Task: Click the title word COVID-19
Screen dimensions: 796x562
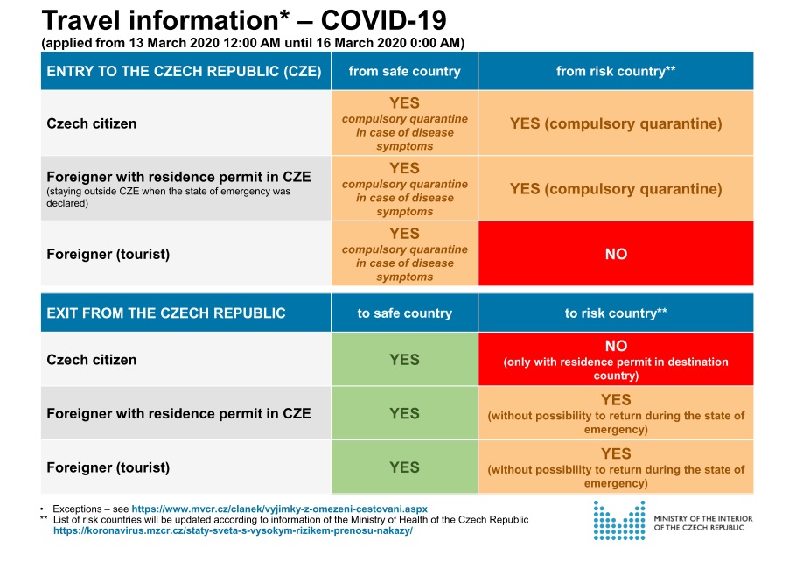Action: pos(383,20)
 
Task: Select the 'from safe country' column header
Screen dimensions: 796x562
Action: pos(405,71)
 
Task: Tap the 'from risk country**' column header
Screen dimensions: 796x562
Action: pos(616,71)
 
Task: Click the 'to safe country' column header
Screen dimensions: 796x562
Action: pos(405,313)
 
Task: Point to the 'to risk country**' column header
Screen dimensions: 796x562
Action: pos(616,313)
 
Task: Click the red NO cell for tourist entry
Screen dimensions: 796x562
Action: pos(616,254)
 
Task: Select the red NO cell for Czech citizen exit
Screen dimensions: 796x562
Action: pos(616,359)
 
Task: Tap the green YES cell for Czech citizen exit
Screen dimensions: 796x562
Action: pos(405,359)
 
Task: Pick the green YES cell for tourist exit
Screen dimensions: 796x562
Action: pos(405,467)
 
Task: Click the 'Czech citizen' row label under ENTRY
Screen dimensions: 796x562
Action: pos(91,123)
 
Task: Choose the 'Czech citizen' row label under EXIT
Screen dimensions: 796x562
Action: pos(91,360)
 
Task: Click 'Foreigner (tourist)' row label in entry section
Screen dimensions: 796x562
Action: pos(108,254)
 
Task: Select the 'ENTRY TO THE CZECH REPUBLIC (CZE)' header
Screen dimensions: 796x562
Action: pos(184,71)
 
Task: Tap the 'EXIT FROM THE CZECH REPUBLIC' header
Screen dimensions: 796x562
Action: pos(166,313)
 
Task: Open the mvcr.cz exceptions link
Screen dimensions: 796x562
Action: pos(279,509)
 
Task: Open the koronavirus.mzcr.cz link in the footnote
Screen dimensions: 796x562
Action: pos(233,530)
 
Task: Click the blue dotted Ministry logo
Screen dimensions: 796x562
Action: pos(619,520)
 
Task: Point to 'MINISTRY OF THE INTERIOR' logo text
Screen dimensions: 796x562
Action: pos(703,519)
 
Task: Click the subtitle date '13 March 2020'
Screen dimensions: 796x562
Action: pos(173,43)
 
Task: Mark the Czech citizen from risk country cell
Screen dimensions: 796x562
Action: pos(616,123)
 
